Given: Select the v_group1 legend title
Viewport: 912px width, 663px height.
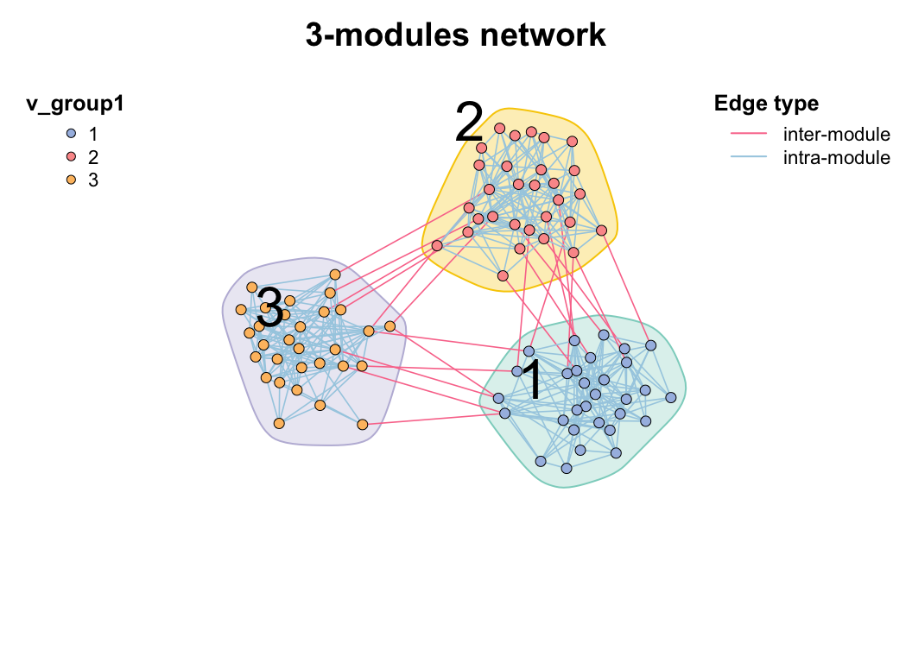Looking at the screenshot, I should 75,104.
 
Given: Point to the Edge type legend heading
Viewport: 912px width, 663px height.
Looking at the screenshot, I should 766,104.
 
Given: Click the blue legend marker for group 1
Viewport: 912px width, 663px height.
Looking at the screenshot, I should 72,135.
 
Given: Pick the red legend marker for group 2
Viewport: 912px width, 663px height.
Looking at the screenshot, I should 72,157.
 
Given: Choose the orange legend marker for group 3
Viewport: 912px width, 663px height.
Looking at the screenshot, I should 72,180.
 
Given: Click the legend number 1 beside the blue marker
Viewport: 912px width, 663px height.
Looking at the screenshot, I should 93,135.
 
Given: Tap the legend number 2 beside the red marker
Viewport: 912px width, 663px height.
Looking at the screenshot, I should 93,157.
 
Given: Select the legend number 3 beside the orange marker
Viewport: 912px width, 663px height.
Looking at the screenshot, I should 93,180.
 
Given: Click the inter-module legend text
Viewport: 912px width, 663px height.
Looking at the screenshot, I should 836,135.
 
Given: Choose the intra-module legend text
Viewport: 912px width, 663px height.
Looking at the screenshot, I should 836,157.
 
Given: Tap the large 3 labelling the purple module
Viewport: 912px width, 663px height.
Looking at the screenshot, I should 270,308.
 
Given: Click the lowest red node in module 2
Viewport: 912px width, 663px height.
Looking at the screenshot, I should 503,276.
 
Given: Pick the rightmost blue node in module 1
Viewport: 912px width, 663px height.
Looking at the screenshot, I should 670,398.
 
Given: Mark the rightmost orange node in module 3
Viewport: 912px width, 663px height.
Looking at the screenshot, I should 389,326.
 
